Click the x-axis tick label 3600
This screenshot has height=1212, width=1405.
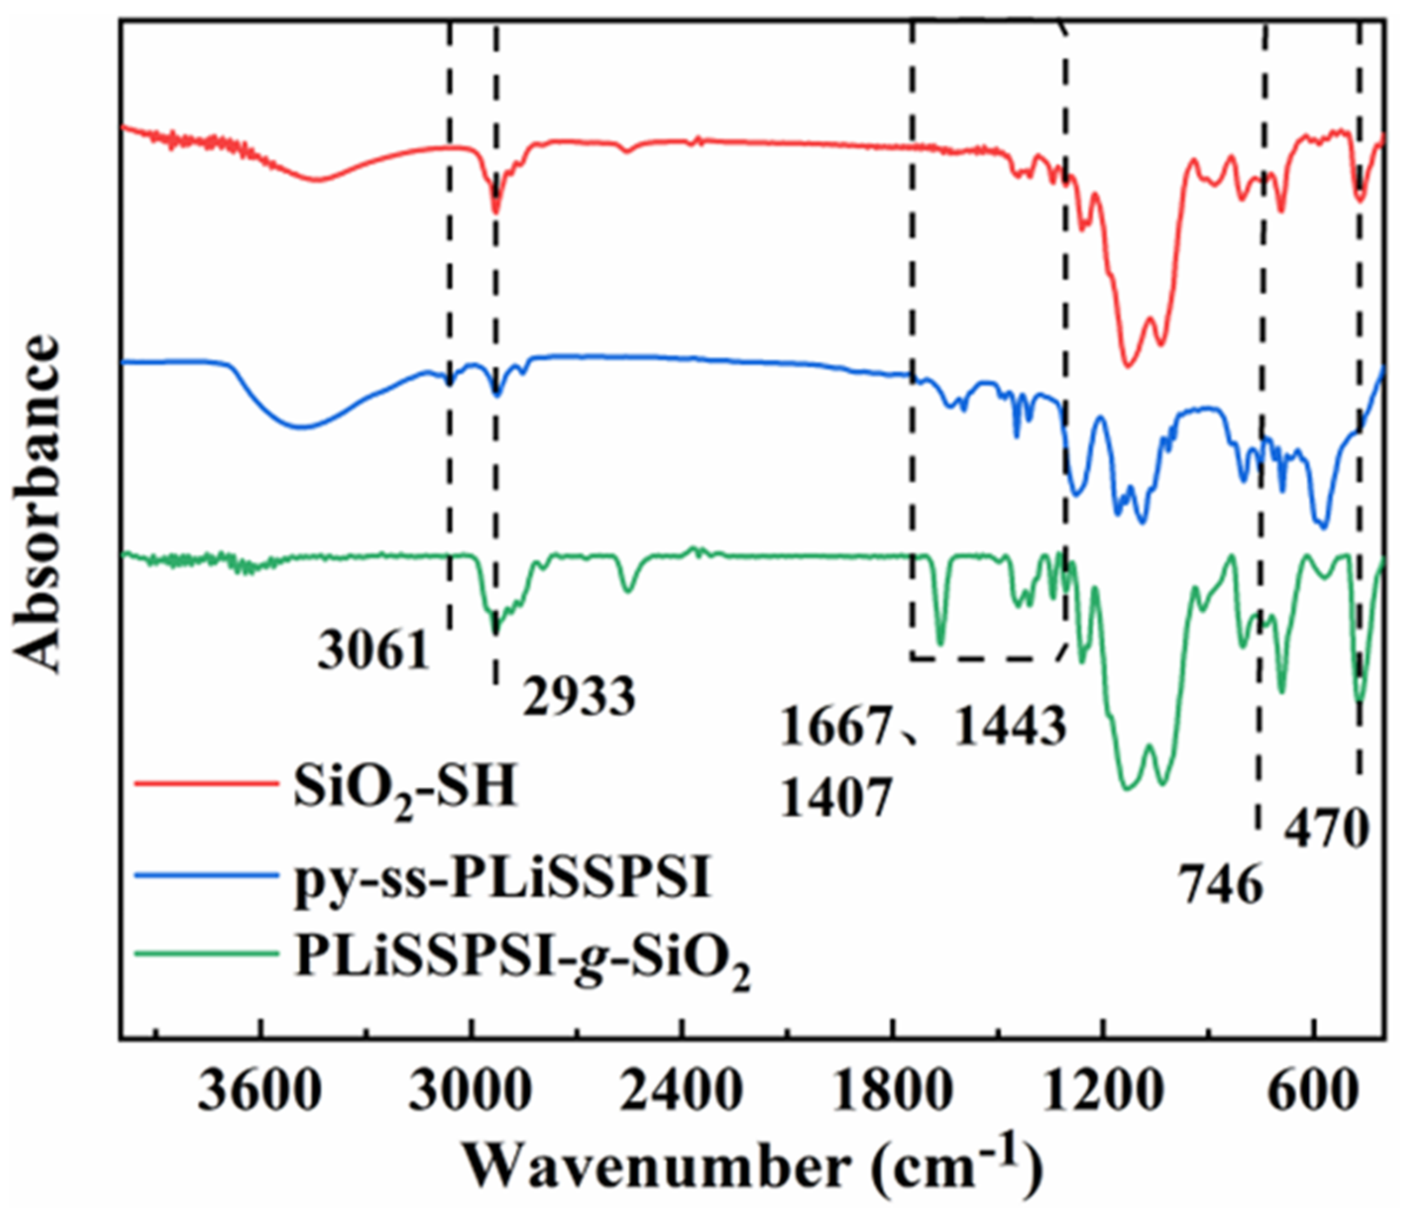[x=259, y=1093]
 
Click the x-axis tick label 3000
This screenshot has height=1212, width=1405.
[x=470, y=1093]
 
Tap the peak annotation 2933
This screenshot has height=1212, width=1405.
[x=579, y=697]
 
